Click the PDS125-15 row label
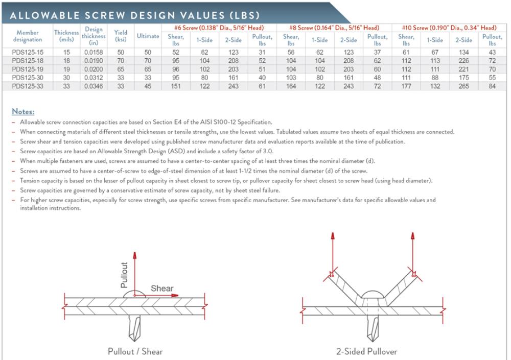[x=28, y=53]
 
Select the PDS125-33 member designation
[x=28, y=86]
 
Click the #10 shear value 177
[x=406, y=86]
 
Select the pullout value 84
[x=492, y=86]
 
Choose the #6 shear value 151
[x=176, y=86]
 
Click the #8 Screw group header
[x=334, y=28]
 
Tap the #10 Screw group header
[x=449, y=28]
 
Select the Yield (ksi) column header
[x=121, y=36]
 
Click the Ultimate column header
[x=148, y=36]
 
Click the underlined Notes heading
[x=23, y=111]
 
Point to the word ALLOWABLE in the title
[x=43, y=15]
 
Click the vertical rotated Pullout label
[x=124, y=275]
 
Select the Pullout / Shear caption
[x=135, y=351]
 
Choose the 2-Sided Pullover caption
[x=366, y=351]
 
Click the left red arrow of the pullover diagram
[x=333, y=253]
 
